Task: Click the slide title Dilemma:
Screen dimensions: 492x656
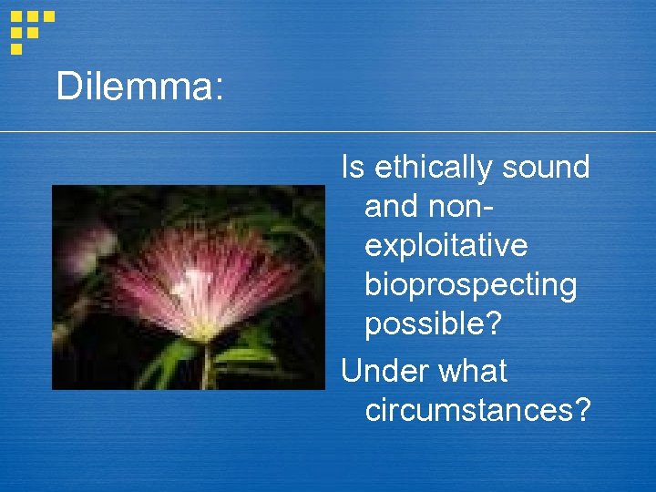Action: point(138,87)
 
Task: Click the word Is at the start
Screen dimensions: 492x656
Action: point(352,168)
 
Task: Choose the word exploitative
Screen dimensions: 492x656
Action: point(446,246)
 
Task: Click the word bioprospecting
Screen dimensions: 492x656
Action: point(470,285)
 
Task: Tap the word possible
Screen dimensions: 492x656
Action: point(429,324)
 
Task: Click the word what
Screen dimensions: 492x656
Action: point(472,372)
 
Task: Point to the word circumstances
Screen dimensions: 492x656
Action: point(469,411)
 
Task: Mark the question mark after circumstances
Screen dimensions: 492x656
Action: point(582,411)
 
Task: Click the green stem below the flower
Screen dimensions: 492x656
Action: point(208,364)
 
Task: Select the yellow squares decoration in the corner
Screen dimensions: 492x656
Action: point(29,30)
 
